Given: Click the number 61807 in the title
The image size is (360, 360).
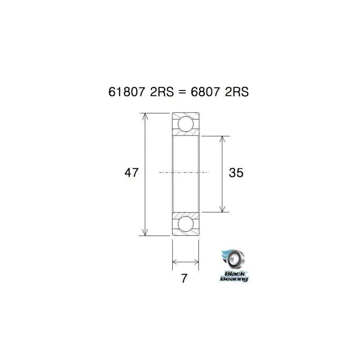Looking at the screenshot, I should (x=127, y=92).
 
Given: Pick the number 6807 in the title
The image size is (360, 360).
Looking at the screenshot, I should (x=205, y=92).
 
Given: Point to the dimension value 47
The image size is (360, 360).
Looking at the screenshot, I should (x=131, y=172).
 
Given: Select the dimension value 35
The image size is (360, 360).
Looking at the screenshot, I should (x=236, y=172).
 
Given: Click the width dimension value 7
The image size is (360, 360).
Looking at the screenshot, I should (x=184, y=279).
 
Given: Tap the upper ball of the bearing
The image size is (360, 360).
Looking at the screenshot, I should (x=186, y=124).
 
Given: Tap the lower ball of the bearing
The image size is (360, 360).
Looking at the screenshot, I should (x=186, y=224).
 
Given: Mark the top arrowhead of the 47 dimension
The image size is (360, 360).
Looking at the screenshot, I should (x=144, y=116).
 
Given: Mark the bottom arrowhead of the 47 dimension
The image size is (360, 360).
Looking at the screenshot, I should (x=144, y=232).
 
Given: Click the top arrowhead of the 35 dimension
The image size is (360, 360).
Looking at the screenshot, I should (x=221, y=139).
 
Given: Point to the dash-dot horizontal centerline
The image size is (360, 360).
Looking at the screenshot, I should (x=184, y=172).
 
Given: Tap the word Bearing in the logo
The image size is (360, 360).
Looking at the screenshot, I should (x=234, y=279).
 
